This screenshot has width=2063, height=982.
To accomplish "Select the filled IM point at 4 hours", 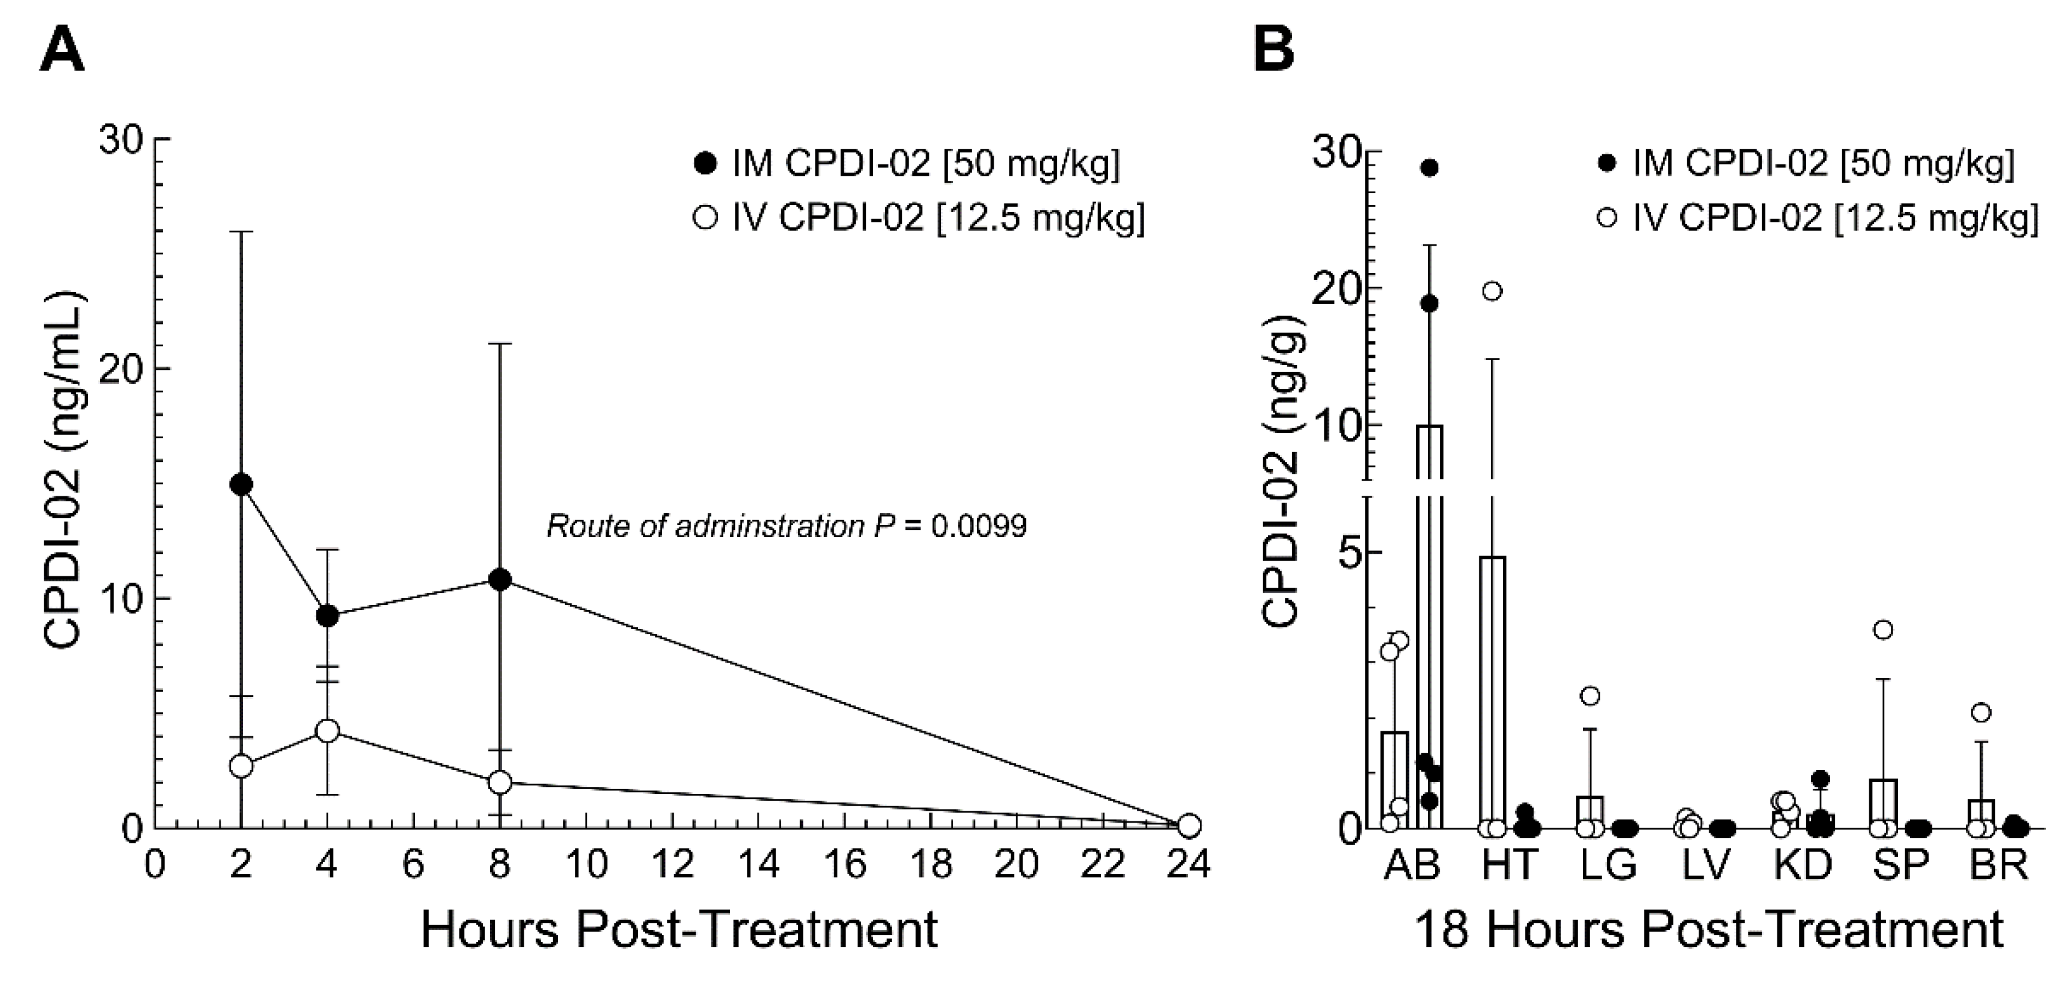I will click(327, 616).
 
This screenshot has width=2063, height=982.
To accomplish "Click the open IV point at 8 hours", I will click(500, 782).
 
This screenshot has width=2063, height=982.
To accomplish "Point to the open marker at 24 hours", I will click(1189, 825).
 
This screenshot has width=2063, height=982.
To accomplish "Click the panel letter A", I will click(62, 49).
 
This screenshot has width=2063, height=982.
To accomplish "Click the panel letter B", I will click(1273, 49).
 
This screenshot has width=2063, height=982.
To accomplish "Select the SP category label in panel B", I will click(1901, 864).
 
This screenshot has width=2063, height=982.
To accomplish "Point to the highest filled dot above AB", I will click(1429, 168).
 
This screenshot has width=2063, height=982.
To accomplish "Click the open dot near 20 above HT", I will click(1491, 291).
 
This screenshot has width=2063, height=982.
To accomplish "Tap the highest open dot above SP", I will click(1884, 629).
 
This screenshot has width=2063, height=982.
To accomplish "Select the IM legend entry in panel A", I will click(908, 164).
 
